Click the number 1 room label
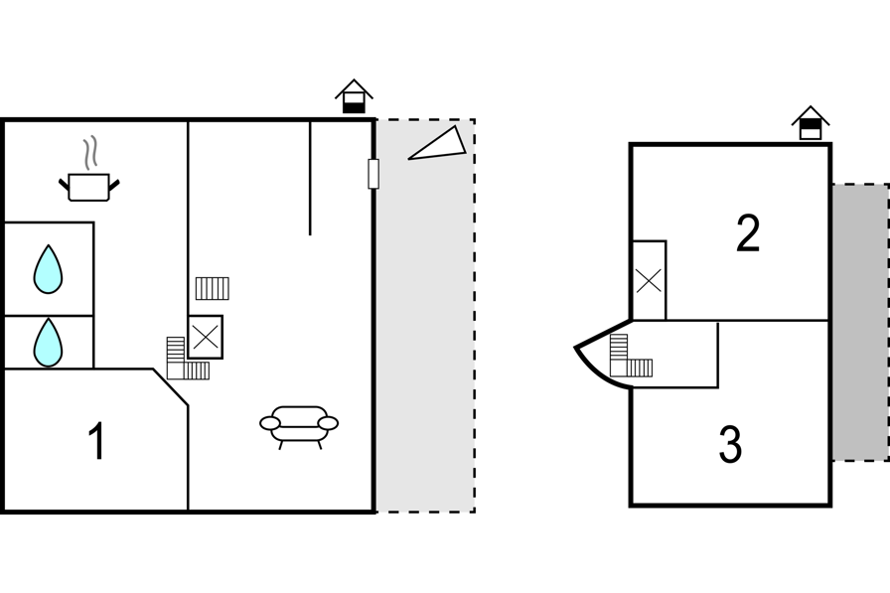coord(97,441)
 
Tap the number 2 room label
coord(748,232)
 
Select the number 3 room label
coord(730,445)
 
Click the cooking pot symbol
coord(89,187)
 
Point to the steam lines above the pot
coord(89,153)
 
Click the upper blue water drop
coord(49,269)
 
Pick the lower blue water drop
coord(49,342)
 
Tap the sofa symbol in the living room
coord(299,426)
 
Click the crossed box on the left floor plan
coord(206,337)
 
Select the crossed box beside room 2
coord(649,280)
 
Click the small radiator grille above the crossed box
coord(213,288)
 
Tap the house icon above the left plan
coord(354,96)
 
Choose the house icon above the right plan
coord(811,122)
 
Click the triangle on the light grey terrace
coord(437,143)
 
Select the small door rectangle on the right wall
coord(373,174)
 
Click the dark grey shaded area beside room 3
coord(860,322)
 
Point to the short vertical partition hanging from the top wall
coord(310,178)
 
